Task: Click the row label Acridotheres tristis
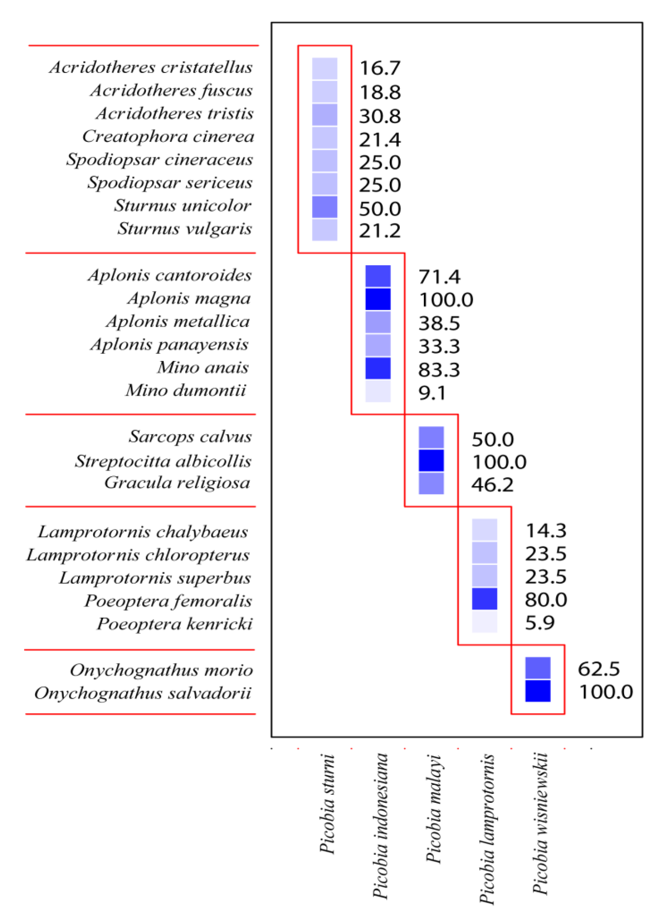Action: click(174, 113)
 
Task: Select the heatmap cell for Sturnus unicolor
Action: click(324, 207)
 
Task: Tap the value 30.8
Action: click(379, 116)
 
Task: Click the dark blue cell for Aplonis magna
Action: click(377, 299)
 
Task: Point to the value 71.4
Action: click(439, 277)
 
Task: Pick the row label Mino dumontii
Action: click(185, 390)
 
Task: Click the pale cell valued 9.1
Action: click(377, 391)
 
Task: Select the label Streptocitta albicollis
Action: click(163, 461)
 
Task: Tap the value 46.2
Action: click(492, 485)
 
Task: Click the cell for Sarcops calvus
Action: click(431, 437)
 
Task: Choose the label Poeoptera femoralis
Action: click(168, 601)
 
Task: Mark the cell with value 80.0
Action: click(484, 599)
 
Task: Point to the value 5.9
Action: click(540, 623)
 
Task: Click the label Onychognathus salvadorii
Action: click(142, 693)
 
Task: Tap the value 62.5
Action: click(598, 669)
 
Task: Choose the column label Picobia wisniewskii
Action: click(540, 823)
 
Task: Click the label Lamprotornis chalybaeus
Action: click(143, 532)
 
